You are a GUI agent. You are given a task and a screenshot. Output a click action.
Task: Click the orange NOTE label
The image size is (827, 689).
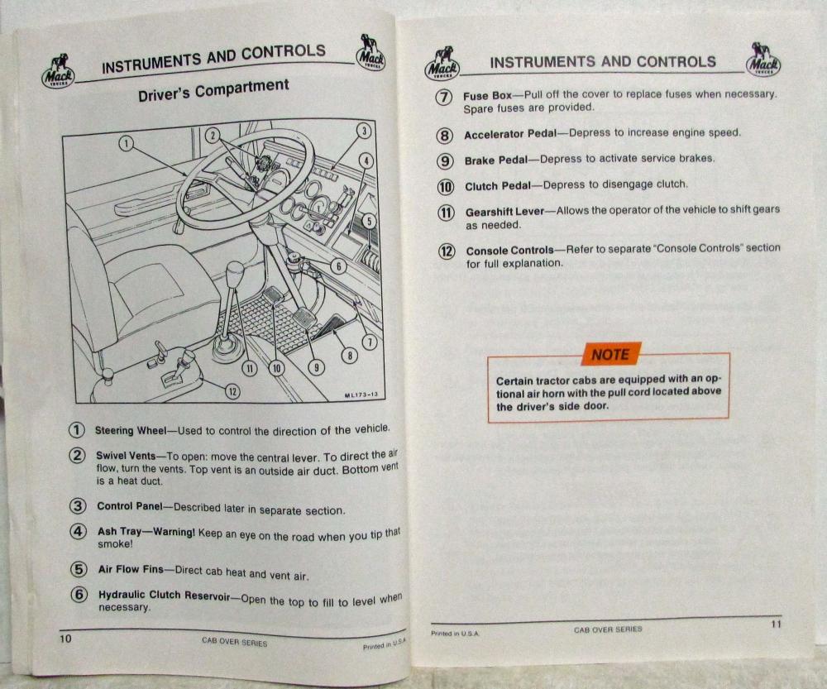[611, 354]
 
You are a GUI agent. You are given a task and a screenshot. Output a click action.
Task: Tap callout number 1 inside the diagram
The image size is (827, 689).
[126, 143]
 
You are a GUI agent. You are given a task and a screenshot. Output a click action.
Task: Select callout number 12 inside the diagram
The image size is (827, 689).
[232, 391]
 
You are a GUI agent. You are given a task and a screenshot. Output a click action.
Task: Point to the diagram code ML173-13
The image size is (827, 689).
[361, 395]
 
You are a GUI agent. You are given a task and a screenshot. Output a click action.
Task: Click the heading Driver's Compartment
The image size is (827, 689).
[213, 89]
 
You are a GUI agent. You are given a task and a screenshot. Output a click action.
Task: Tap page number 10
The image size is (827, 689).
[65, 639]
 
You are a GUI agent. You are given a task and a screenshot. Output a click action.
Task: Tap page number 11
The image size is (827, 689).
[776, 624]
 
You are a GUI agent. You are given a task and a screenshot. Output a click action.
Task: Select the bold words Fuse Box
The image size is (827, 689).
[487, 95]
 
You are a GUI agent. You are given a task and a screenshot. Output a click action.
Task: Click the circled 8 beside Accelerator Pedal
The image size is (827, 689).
[445, 136]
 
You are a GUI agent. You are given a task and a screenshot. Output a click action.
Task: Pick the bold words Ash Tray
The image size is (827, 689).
[119, 531]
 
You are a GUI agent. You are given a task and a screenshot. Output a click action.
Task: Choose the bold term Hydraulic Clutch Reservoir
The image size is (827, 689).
[164, 595]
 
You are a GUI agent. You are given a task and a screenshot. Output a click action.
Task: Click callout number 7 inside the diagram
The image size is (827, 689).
[370, 342]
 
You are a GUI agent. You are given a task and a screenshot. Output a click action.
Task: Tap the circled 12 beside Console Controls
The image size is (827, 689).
[447, 251]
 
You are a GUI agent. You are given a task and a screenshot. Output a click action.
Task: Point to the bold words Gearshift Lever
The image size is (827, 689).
[504, 212]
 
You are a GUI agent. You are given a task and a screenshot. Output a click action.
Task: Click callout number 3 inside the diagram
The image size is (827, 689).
[364, 131]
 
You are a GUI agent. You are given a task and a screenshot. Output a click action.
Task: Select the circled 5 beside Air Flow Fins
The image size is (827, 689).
[78, 569]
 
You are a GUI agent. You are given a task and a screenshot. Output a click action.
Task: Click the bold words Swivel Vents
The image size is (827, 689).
[126, 455]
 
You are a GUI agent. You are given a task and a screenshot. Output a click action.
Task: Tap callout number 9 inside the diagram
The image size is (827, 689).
[316, 367]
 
